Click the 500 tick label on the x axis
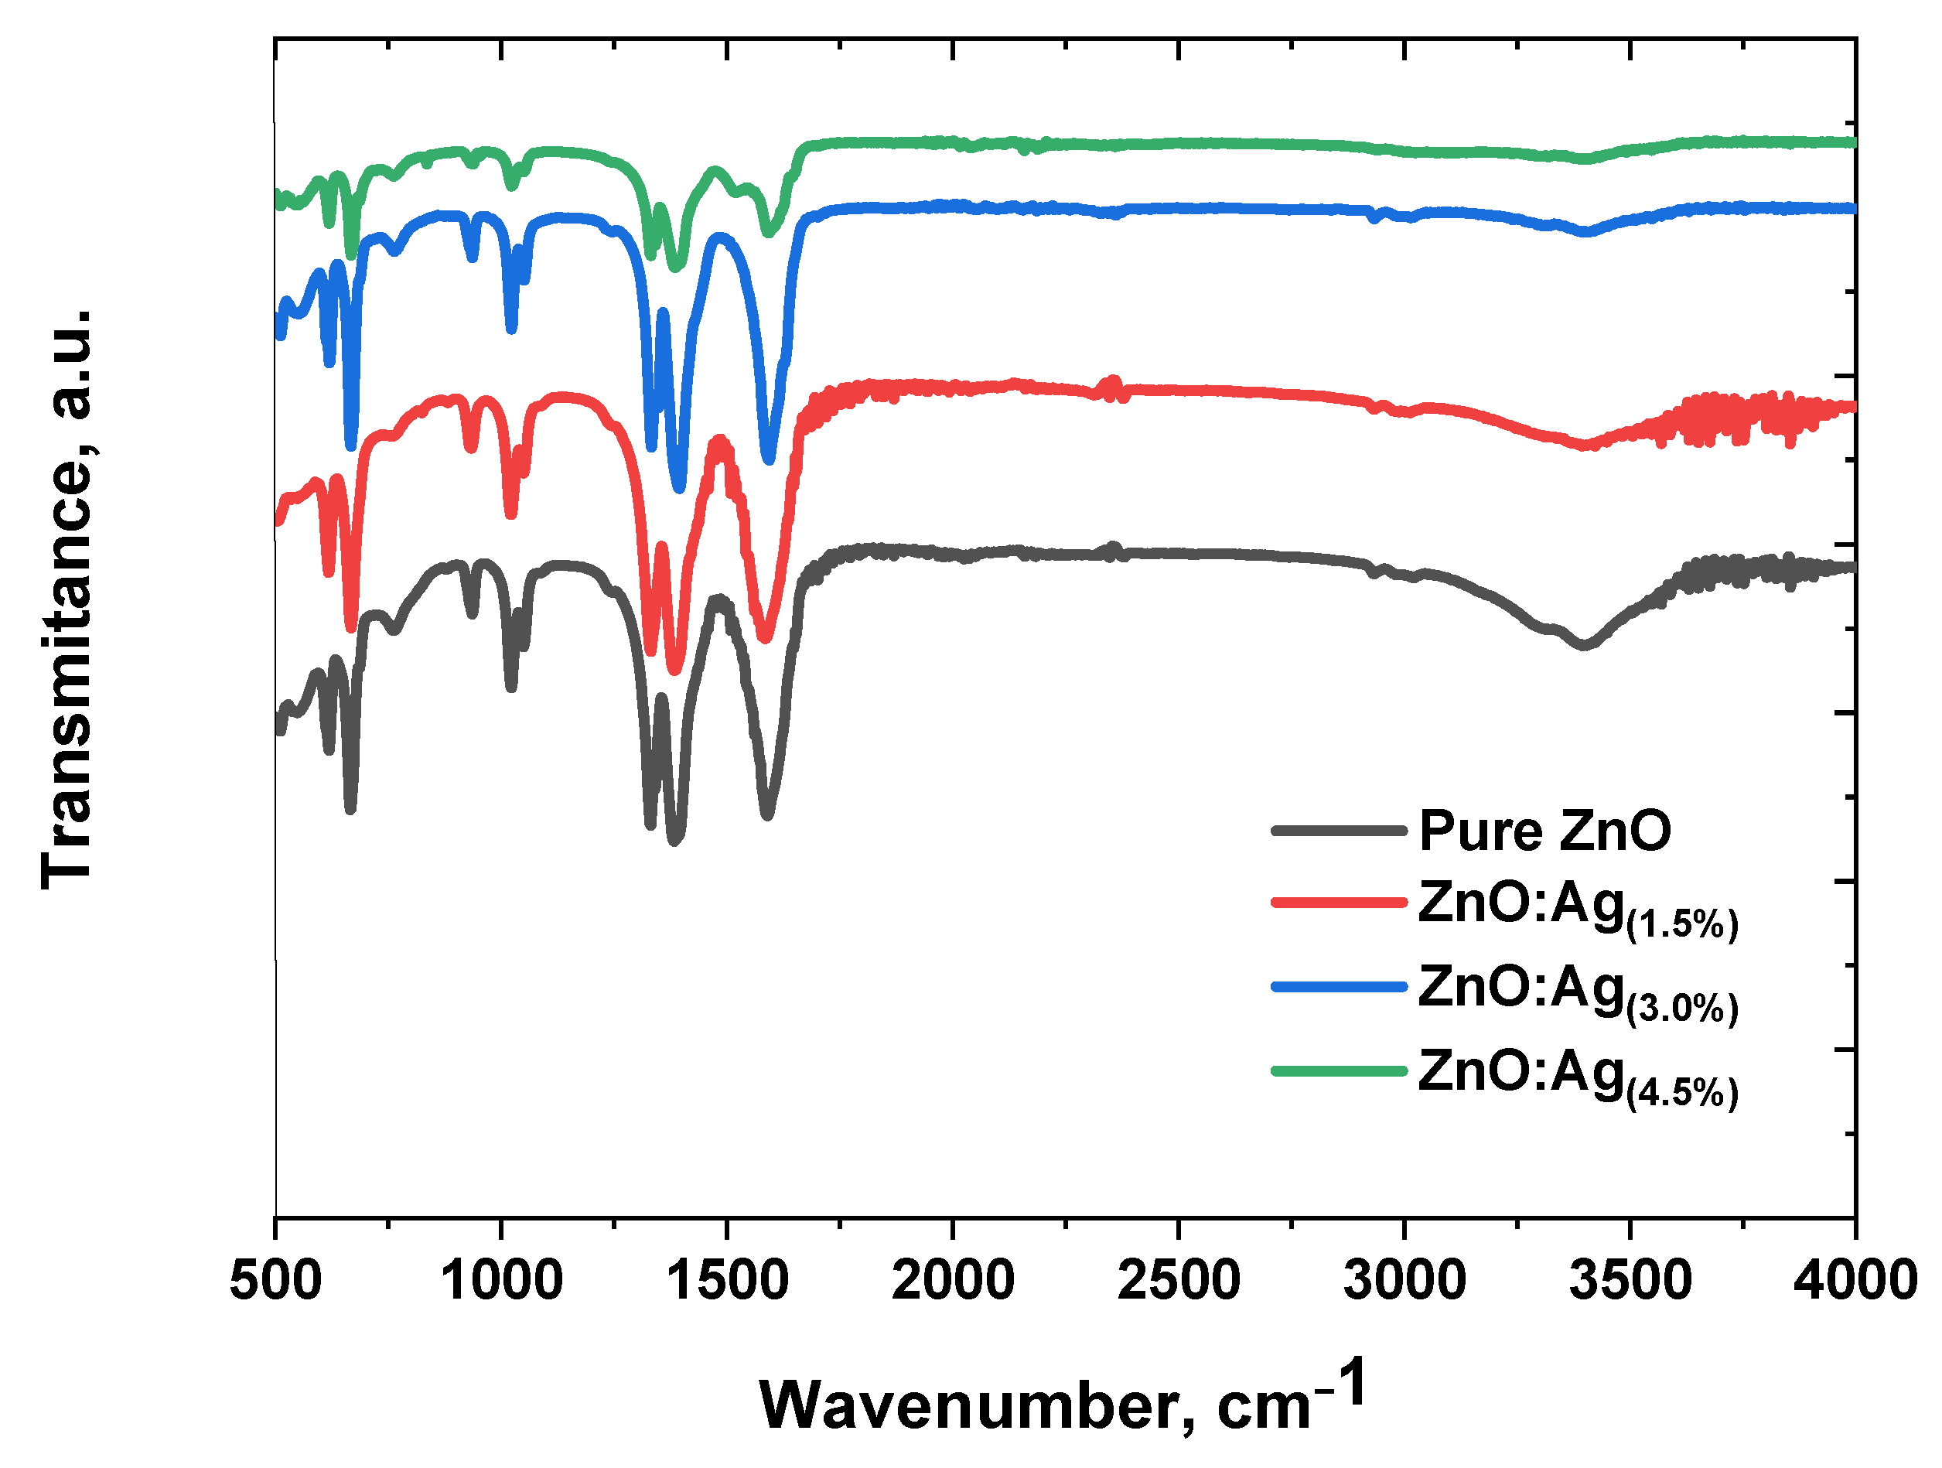[x=275, y=1281]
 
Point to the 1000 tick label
[x=501, y=1281]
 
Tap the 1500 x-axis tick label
[x=728, y=1281]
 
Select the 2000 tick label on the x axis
[x=954, y=1281]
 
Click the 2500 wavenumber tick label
[x=1179, y=1281]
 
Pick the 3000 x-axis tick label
[x=1404, y=1281]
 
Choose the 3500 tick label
[x=1631, y=1281]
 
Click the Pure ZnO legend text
[x=1546, y=831]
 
